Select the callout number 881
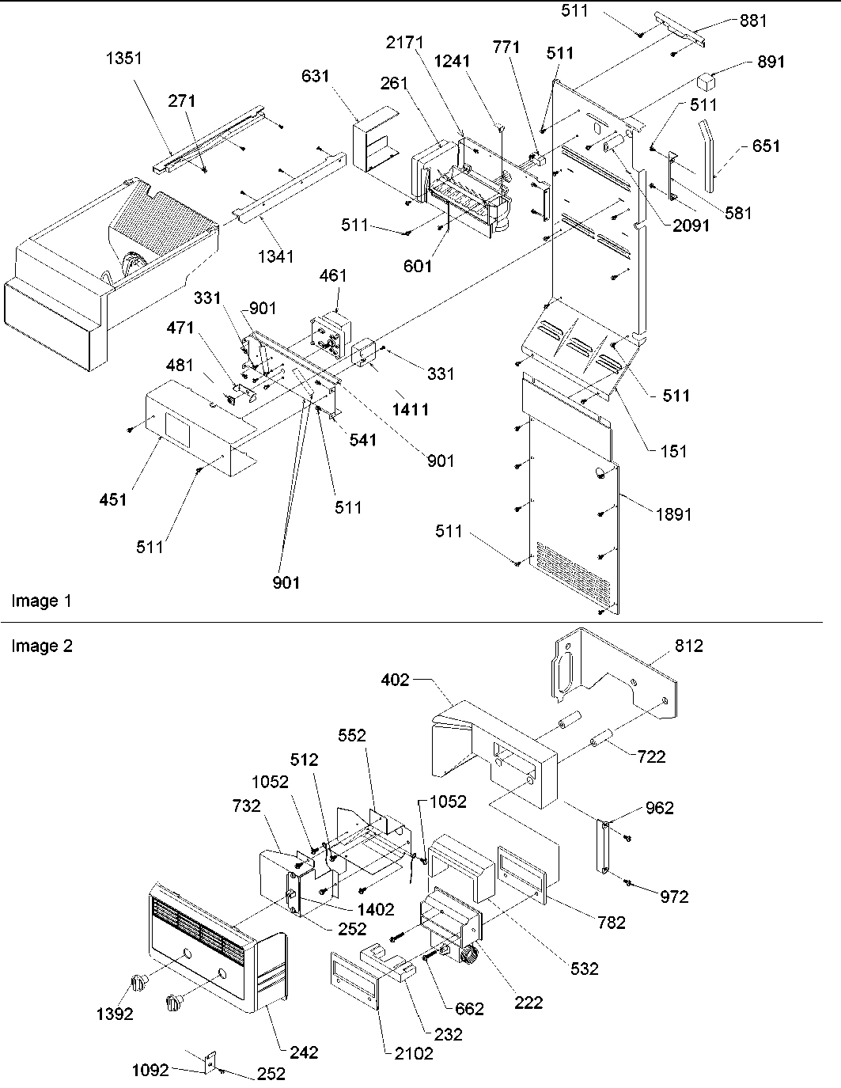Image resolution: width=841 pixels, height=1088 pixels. pos(752,21)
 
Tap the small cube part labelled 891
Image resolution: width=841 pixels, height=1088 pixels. pos(706,80)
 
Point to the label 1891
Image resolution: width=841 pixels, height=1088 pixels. pos(673,514)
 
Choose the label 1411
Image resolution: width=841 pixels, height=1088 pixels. pos(411,409)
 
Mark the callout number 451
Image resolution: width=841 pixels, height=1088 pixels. pos(113,499)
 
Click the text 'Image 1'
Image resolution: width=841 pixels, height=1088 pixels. pos(41,601)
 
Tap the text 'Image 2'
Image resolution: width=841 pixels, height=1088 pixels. pos(41,646)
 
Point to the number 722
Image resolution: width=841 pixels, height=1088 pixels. pos(650,756)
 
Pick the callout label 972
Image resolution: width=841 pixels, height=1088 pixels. pos(673,897)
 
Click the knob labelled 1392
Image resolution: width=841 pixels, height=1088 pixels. pos(139,984)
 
